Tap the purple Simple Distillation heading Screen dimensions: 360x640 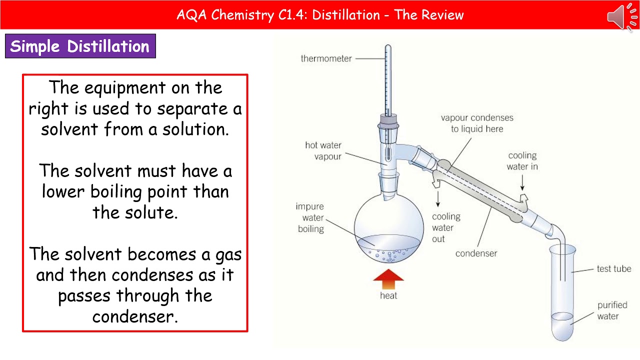click(80, 46)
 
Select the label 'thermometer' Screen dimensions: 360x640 click(326, 58)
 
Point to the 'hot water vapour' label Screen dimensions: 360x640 click(323, 151)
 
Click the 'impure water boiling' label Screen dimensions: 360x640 click(310, 218)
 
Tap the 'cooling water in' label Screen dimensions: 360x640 click(522, 161)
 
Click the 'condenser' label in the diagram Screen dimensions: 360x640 click(476, 253)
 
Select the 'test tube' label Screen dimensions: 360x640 click(613, 269)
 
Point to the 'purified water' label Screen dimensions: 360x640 click(611, 310)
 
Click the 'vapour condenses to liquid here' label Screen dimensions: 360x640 click(476, 123)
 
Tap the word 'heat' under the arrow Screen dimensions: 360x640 click(388, 296)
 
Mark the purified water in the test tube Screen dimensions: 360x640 click(563, 325)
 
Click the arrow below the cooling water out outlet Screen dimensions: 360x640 click(438, 198)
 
